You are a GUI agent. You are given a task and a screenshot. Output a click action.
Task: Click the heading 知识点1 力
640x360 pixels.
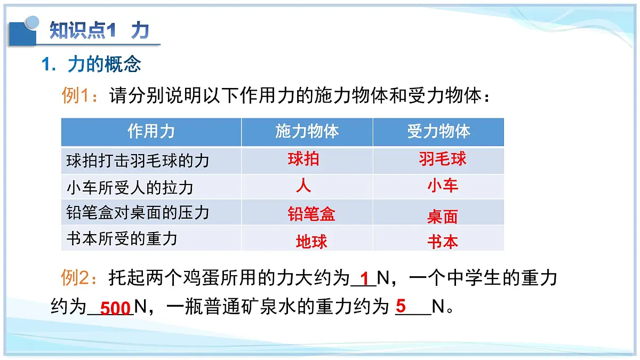pos(99,30)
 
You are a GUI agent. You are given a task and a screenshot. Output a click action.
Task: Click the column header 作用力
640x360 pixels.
pos(151,132)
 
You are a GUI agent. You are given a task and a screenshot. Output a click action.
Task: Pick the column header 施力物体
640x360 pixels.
pos(307,132)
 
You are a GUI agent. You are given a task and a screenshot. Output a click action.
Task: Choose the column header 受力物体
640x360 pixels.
pos(438,132)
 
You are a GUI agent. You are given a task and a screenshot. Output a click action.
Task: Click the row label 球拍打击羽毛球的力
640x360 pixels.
pos(138,161)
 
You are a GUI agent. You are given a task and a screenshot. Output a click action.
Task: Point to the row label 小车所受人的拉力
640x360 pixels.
pos(130,187)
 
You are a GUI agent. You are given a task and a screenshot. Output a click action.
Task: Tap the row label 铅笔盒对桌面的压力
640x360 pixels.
pos(138,213)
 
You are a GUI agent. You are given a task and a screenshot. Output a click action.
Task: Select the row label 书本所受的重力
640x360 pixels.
pos(122,238)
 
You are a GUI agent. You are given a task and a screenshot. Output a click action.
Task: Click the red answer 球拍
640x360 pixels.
pos(303,159)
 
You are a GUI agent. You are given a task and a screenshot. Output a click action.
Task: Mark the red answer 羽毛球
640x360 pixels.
pos(443,159)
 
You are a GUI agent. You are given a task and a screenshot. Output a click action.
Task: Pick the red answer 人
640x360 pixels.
pos(303,186)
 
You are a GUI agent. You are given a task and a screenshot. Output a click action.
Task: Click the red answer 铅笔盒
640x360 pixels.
pos(311,214)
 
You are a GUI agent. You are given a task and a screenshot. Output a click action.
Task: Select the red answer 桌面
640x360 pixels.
pos(443,217)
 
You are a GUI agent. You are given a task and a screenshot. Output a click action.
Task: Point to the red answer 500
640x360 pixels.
pos(115,308)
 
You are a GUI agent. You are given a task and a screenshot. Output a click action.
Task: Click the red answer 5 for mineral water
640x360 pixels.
pos(401,306)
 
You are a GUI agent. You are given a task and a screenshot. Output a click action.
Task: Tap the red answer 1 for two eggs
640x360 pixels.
pos(365,279)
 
